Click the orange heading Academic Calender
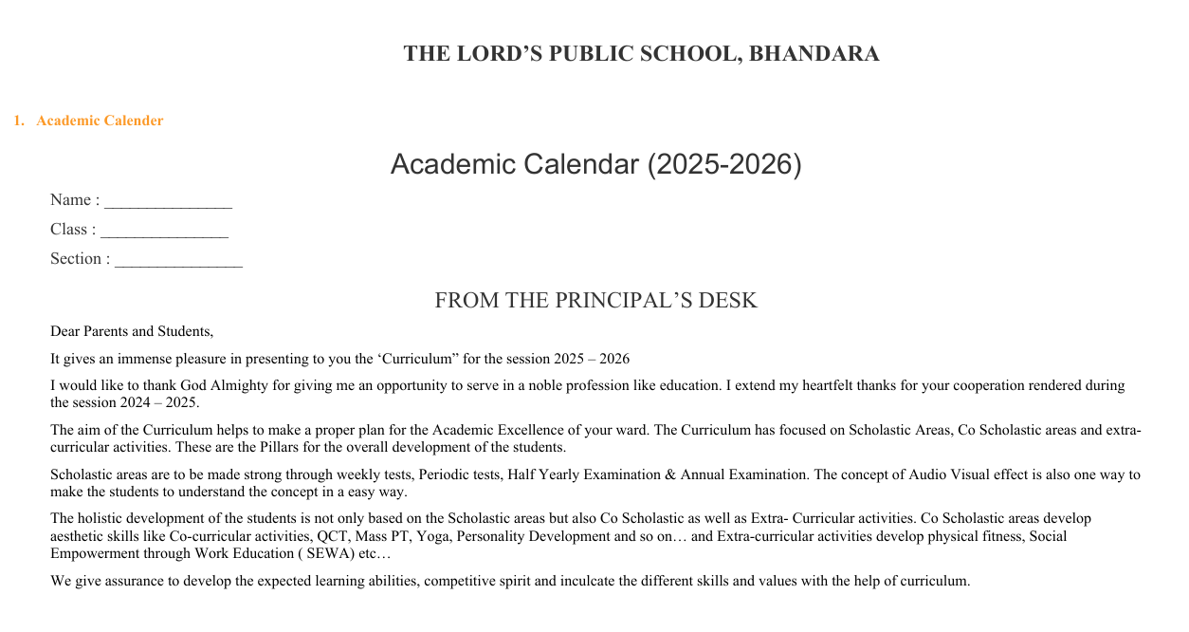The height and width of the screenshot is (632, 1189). click(100, 121)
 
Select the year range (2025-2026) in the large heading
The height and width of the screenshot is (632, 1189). click(724, 165)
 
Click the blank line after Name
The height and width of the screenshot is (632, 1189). click(168, 200)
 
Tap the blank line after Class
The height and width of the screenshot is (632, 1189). click(164, 230)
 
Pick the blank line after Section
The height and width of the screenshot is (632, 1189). click(178, 259)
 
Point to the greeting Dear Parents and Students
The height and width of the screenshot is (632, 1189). click(132, 331)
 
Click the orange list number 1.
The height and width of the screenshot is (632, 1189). click(18, 121)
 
